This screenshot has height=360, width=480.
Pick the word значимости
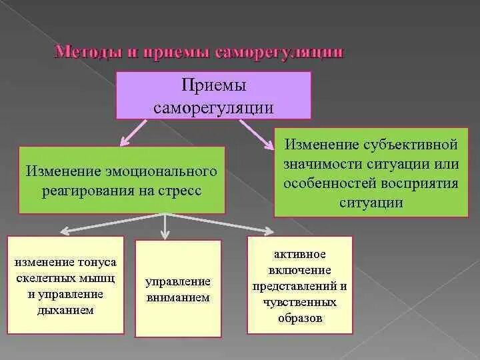320,163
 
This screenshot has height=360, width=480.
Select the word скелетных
45,277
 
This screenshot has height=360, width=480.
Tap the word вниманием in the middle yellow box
178,297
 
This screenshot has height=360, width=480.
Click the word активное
299,255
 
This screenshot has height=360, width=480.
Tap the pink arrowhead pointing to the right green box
278,143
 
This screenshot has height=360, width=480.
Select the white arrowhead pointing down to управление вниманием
164,235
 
